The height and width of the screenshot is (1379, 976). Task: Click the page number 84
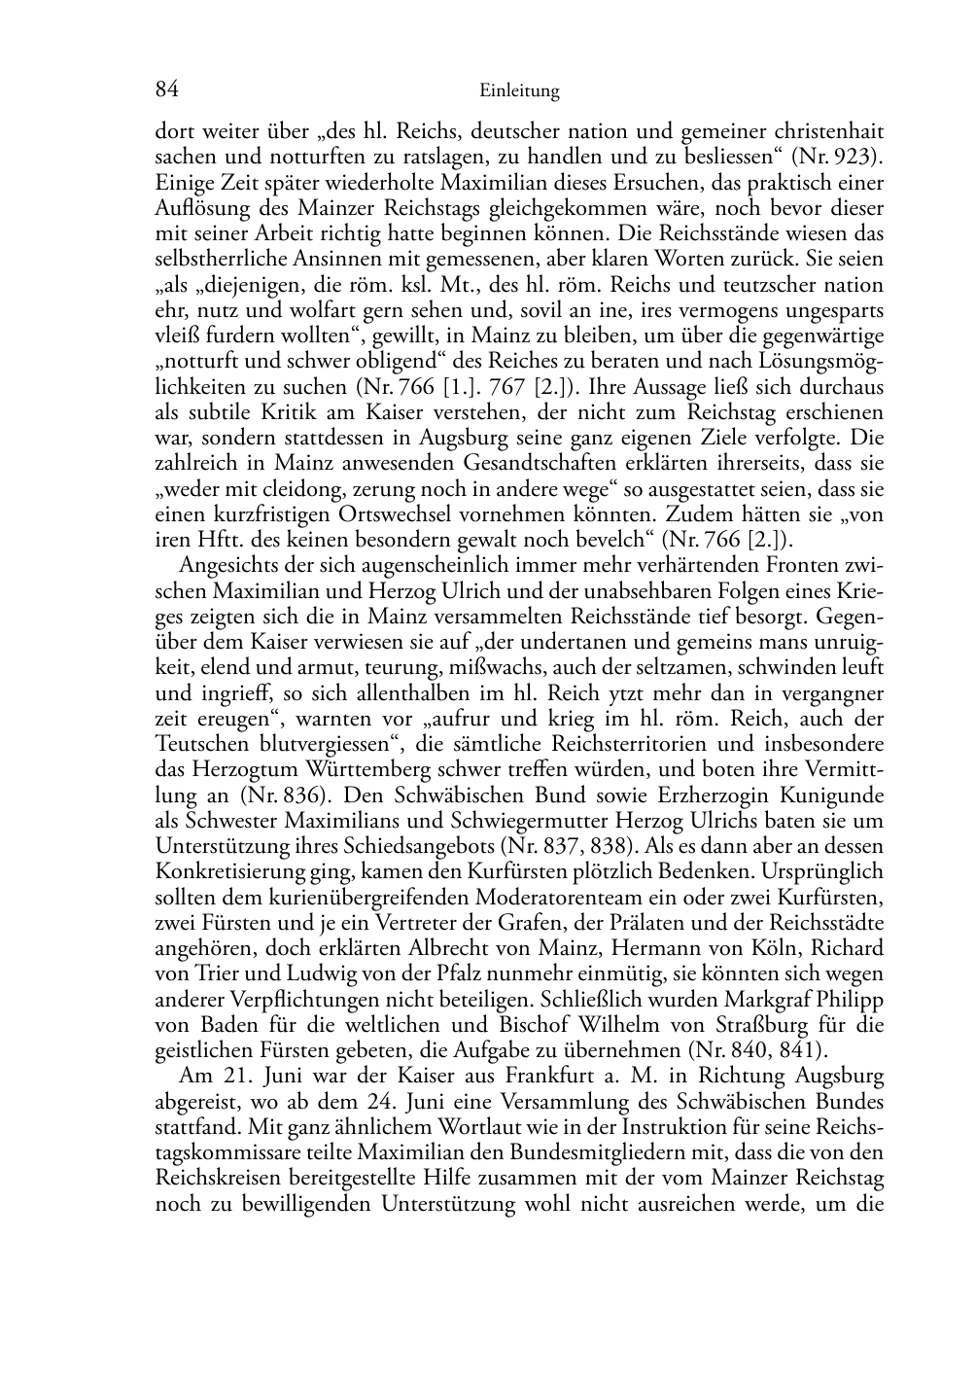(x=166, y=90)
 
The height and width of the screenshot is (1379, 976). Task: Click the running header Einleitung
(x=520, y=92)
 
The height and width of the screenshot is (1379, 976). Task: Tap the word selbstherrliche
(x=214, y=259)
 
